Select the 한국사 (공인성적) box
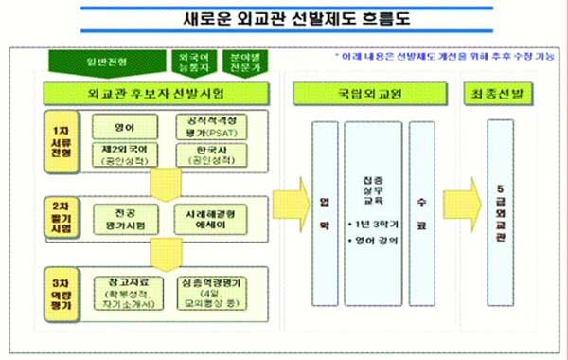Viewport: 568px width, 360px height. pos(211,154)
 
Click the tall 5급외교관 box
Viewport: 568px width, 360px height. pos(503,208)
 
